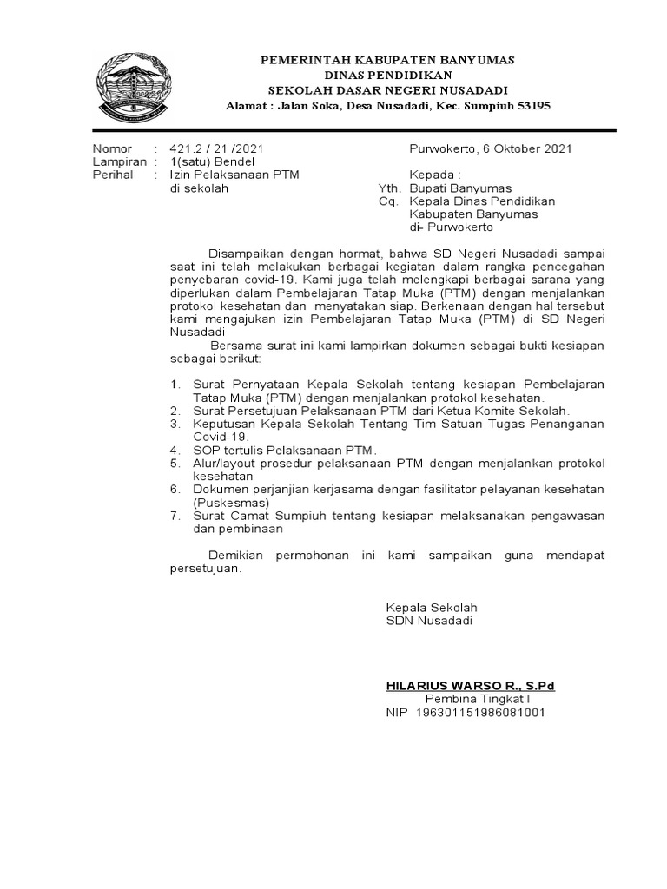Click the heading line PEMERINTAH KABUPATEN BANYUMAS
click(388, 60)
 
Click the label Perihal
click(113, 175)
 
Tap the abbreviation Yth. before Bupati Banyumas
click(388, 188)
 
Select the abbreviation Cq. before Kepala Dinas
click(387, 201)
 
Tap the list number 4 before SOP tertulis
click(175, 450)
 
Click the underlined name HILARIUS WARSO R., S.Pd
click(470, 686)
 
